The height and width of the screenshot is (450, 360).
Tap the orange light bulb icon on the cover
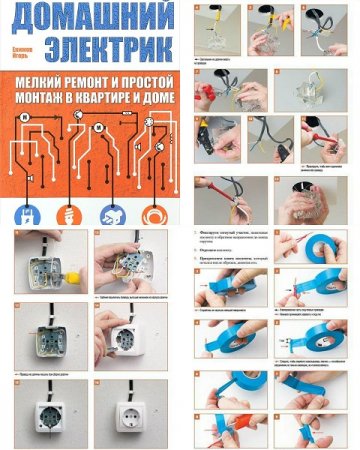tap(69, 213)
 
